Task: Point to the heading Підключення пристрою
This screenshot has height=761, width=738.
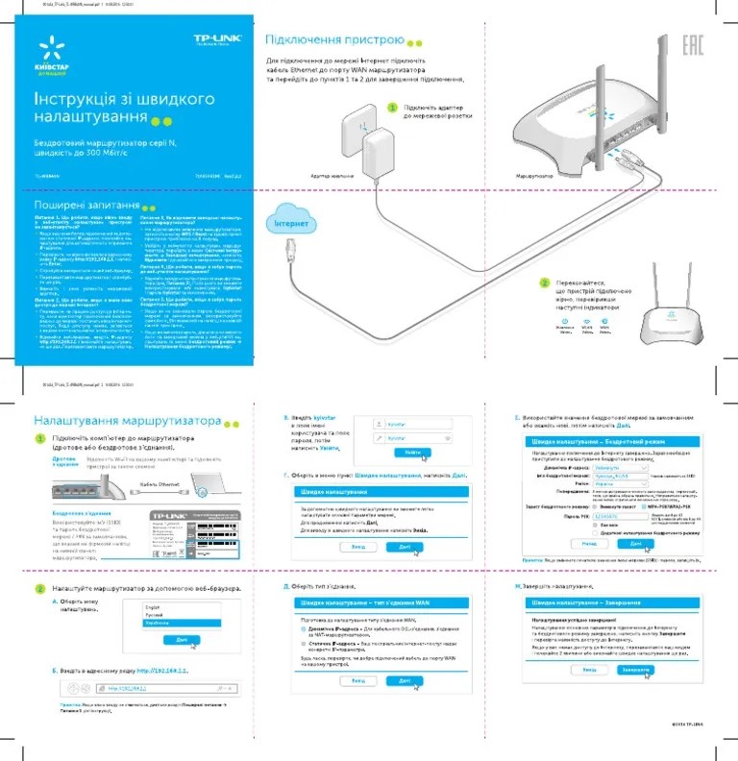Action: point(333,41)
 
